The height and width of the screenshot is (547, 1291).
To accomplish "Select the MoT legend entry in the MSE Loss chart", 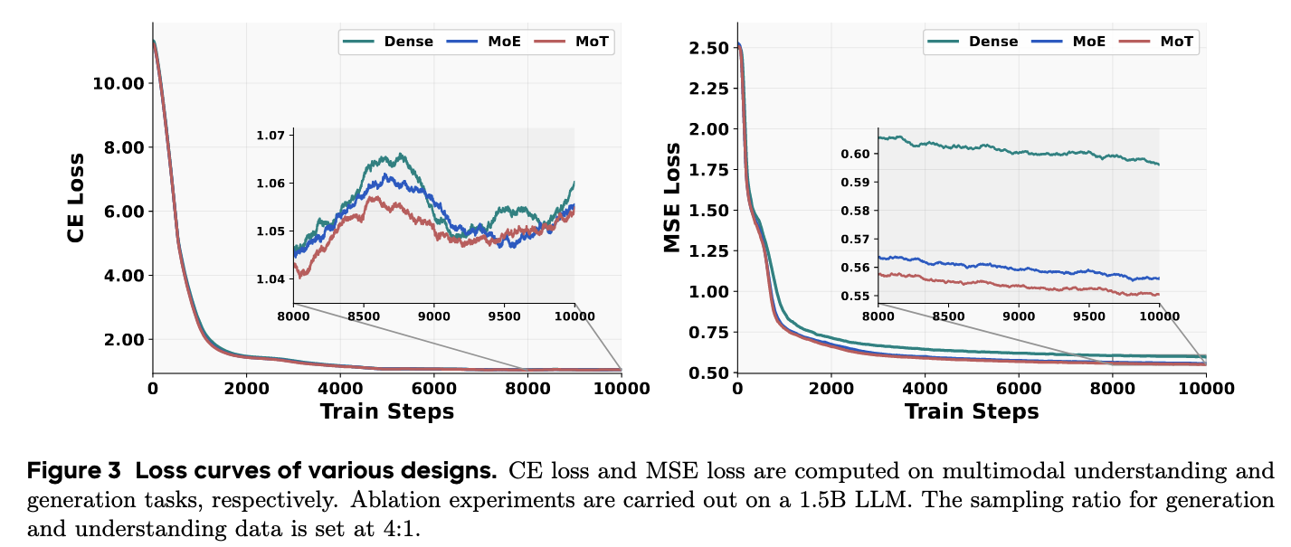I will click(1176, 42).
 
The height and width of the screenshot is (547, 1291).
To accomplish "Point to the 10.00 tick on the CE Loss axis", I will click(119, 84).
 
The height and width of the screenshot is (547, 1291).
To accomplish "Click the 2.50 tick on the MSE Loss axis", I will click(707, 47).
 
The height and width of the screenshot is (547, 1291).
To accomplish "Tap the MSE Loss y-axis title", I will click(671, 197).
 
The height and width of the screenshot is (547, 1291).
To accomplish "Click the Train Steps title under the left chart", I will click(387, 412).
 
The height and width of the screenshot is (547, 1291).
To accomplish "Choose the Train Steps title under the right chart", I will click(972, 412).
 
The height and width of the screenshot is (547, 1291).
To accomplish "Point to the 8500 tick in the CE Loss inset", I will click(363, 316).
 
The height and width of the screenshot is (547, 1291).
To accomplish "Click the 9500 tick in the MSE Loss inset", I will click(1088, 316).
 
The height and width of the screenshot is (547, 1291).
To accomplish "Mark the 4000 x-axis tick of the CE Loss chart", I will click(340, 389).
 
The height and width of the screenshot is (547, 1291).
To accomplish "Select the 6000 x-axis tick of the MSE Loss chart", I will click(1019, 389).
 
